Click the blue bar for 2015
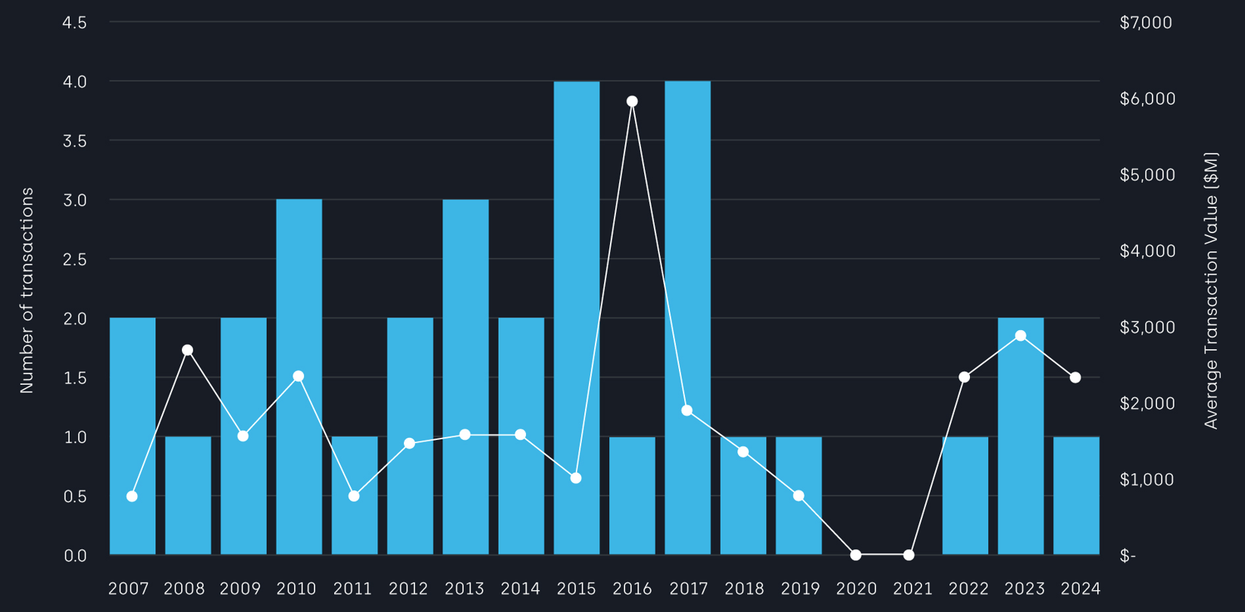click(577, 318)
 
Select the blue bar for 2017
click(687, 318)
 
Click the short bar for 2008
click(188, 495)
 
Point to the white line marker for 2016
click(632, 101)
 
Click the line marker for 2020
click(856, 555)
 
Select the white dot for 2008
click(188, 350)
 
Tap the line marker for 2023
click(1021, 336)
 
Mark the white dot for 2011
click(354, 496)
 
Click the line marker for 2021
click(909, 555)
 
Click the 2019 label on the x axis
click(801, 589)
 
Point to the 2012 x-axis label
click(409, 589)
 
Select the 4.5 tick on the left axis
click(74, 23)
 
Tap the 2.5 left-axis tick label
click(74, 259)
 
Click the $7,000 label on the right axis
click(1146, 23)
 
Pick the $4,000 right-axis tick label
click(1147, 251)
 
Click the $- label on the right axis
click(1128, 556)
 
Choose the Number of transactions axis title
click(27, 290)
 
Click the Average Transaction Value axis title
click(1211, 290)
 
